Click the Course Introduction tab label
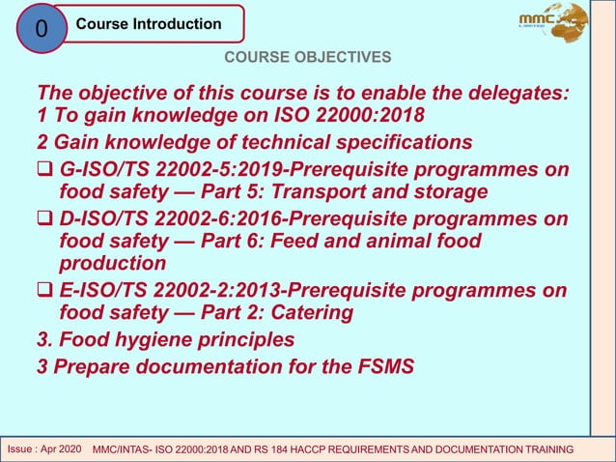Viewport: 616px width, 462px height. tap(149, 23)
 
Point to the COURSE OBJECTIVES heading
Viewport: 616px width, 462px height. tap(308, 58)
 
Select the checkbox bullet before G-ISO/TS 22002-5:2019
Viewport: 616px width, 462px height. tap(43, 169)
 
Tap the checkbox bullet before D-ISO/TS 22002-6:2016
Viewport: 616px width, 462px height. tap(43, 217)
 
